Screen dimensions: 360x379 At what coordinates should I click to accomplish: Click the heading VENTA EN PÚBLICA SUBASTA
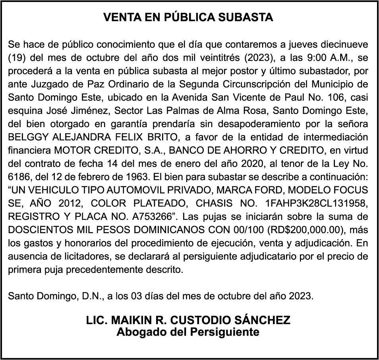click(188, 18)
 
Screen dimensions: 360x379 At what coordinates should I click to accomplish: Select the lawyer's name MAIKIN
click(130, 321)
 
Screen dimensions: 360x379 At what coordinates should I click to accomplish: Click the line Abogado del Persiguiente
click(188, 332)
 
